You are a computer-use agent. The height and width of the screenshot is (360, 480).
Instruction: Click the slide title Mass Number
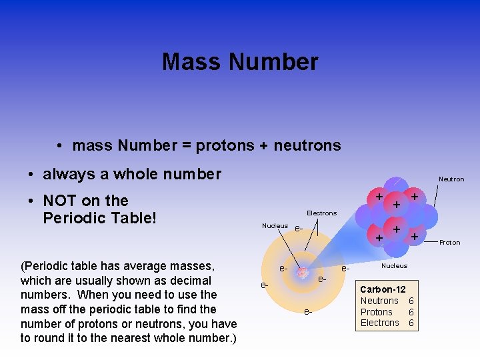[x=240, y=62]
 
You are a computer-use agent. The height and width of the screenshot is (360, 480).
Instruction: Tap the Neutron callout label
[x=451, y=179]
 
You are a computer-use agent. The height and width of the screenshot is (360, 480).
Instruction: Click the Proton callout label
[x=450, y=243]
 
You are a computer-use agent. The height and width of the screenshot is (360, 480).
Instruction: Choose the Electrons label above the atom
[x=321, y=213]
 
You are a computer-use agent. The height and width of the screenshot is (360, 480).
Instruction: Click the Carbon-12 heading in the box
[x=383, y=290]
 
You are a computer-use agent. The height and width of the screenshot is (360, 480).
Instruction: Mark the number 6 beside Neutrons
[x=411, y=301]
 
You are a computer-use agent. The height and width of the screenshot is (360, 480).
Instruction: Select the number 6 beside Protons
[x=411, y=312]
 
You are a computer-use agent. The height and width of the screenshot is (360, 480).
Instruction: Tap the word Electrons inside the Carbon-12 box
[x=380, y=323]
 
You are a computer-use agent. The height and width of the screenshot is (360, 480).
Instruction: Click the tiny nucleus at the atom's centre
[x=303, y=273]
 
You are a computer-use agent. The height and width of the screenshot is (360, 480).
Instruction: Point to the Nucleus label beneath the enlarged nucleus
[x=394, y=266]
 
